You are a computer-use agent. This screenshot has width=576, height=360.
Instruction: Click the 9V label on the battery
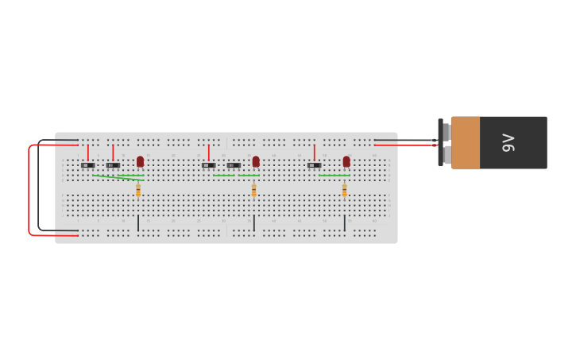coord(508,143)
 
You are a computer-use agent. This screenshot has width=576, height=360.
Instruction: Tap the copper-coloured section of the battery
coord(466,143)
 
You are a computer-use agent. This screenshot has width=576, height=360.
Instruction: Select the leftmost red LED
coord(140,161)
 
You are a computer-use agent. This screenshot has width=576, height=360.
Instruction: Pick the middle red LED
coord(256,161)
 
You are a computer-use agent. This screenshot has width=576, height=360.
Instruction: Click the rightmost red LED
coord(346,161)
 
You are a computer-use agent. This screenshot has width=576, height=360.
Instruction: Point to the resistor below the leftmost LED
coord(138,190)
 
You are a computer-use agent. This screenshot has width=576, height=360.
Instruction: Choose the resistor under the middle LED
coord(254,190)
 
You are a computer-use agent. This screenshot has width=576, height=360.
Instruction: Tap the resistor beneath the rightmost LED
coord(345,190)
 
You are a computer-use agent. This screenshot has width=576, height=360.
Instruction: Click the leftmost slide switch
coord(87,165)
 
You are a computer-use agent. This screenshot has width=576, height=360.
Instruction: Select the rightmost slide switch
coord(315,165)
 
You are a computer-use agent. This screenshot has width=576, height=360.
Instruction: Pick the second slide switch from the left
coord(113,165)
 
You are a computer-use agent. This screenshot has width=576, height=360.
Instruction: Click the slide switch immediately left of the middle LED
coord(234,165)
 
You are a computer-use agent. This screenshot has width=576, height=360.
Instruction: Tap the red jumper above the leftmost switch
coord(87,152)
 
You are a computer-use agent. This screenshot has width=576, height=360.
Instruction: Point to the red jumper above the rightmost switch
coord(315,152)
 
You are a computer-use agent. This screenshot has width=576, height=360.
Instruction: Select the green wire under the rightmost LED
coord(334,175)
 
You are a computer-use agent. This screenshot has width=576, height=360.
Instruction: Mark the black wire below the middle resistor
coord(254,223)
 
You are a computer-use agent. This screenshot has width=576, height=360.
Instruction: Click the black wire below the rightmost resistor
coord(345,223)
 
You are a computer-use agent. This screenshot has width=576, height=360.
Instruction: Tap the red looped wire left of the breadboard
coord(29,191)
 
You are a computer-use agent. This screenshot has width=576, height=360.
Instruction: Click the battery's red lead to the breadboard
coord(405,145)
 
